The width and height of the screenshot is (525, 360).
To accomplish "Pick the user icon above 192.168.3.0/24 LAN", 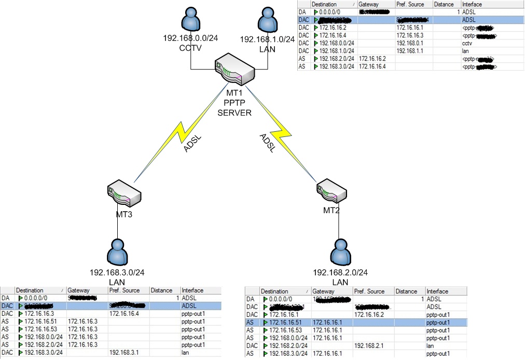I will click(x=118, y=253).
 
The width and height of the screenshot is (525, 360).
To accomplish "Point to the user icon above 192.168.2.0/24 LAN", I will click(x=340, y=253).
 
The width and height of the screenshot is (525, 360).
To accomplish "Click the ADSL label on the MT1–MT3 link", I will click(x=191, y=144).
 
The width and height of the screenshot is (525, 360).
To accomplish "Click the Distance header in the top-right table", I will click(x=444, y=4).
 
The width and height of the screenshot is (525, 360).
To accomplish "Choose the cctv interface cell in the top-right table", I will click(x=468, y=44).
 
